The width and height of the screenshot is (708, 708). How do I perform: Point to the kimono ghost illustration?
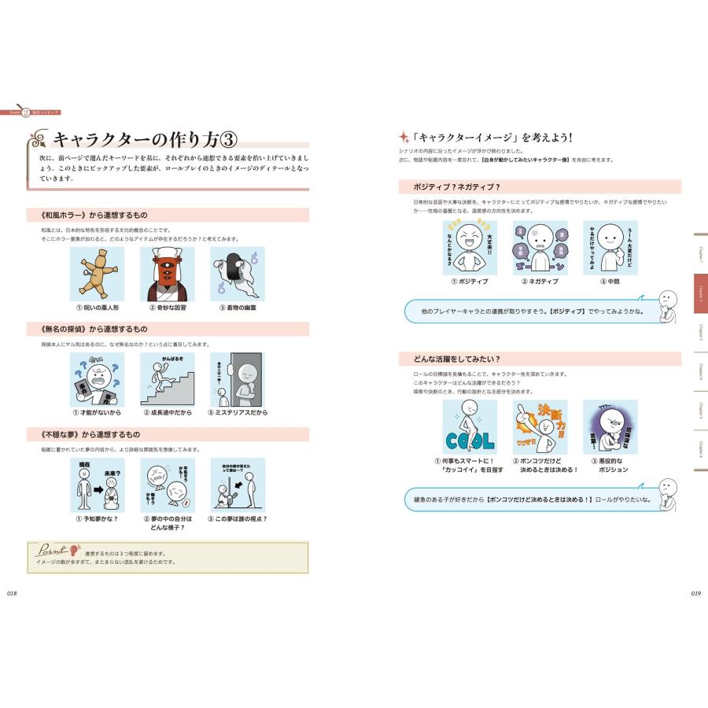pyautogui.click(x=238, y=274)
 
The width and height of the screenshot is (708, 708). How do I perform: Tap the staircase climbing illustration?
pyautogui.click(x=167, y=379)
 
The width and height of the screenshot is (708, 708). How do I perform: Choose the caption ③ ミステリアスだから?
pyautogui.click(x=238, y=412)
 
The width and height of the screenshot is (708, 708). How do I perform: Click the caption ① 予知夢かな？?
pyautogui.click(x=97, y=518)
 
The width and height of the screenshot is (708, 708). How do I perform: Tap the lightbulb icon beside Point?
pyautogui.click(x=76, y=549)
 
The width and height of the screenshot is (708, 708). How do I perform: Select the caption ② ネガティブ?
pyautogui.click(x=540, y=281)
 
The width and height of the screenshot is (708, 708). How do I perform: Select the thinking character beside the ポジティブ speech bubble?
pyautogui.click(x=666, y=304)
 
